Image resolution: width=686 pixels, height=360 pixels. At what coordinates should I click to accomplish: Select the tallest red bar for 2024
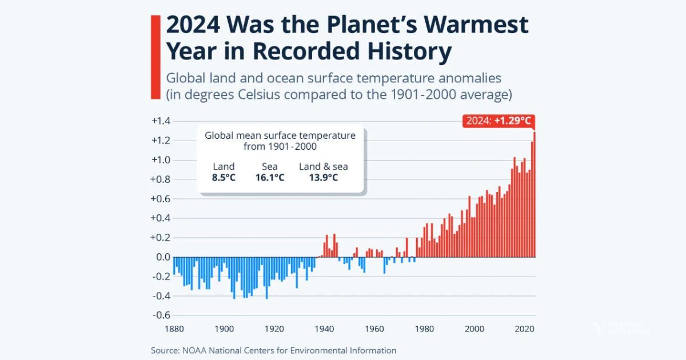[x=535, y=194]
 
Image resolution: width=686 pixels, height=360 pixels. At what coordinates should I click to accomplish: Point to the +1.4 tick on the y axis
[x=161, y=121]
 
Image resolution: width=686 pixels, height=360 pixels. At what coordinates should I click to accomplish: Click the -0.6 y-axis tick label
[x=161, y=315]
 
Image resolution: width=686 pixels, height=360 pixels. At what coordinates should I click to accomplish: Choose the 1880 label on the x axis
[x=174, y=329]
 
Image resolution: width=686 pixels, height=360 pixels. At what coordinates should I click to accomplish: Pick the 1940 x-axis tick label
[x=324, y=329]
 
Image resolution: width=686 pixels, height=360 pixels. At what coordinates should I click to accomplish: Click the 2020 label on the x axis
[x=524, y=329]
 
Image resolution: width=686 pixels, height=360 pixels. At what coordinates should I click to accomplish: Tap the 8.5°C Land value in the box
[x=224, y=178]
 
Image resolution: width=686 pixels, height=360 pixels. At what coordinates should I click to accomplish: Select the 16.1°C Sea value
[x=270, y=178]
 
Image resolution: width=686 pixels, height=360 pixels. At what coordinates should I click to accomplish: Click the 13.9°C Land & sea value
[x=323, y=178]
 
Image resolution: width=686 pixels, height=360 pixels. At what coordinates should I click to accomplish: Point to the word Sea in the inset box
[x=270, y=166]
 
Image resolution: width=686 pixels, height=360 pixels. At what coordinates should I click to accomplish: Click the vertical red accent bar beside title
[x=154, y=57]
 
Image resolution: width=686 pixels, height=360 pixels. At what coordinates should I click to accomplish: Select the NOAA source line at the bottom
[x=273, y=350]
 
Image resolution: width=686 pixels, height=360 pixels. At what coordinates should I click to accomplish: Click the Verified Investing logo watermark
[x=620, y=328]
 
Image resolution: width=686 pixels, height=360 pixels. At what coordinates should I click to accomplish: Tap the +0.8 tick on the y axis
[x=161, y=179]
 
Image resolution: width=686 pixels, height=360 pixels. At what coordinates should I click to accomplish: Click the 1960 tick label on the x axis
[x=374, y=329]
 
